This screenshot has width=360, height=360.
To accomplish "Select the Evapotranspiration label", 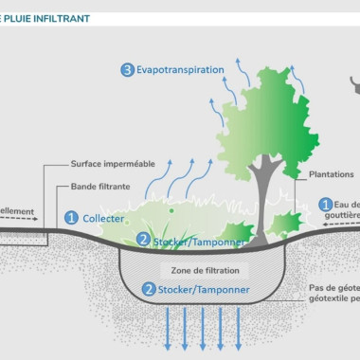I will (180, 69).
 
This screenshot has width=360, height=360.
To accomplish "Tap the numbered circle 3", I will (128, 69).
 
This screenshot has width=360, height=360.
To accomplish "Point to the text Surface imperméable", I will (115, 162).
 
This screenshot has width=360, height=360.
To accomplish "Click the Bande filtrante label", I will (102, 187).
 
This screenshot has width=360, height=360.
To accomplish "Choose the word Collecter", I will (103, 217).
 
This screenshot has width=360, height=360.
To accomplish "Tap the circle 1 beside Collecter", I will (71, 217).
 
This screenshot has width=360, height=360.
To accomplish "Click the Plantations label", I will (331, 174).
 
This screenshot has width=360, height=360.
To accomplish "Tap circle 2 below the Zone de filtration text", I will (148, 289).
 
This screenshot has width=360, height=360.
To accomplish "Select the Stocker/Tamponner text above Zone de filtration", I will (198, 242).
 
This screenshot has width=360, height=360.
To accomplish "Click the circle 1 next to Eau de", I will (325, 204).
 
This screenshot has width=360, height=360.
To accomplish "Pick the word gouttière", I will (340, 216).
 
